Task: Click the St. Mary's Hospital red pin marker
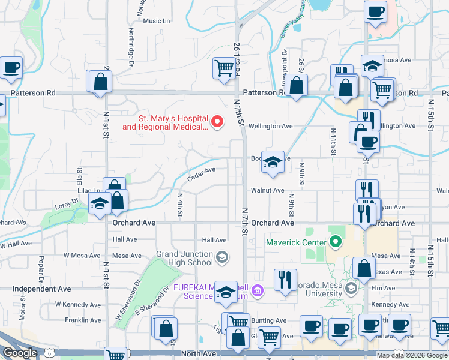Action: coord(218,122)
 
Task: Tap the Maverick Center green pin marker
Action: coord(335,242)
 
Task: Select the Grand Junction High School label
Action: coord(184,258)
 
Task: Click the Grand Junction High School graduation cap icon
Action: coord(221,258)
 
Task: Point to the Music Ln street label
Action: coord(157,21)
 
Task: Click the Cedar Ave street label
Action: coord(201,173)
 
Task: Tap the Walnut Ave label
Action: coord(267,191)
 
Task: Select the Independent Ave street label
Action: coord(41,289)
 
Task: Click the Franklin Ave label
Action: coord(83,320)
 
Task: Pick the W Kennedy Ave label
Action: coord(78,304)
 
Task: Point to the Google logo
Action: coord(20,353)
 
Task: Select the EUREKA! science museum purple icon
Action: coord(257,291)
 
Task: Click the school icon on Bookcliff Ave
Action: coord(273,161)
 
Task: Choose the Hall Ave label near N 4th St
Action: coord(214,239)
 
